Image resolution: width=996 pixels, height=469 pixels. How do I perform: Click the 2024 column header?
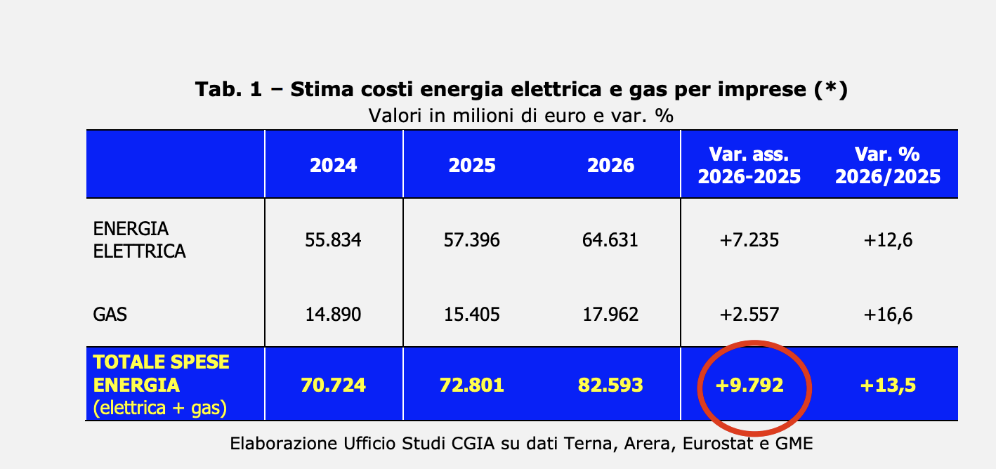334,165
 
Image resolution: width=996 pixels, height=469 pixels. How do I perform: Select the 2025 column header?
472,165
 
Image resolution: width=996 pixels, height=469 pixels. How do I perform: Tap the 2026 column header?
610,165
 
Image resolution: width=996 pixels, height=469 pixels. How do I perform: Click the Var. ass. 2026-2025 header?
749,165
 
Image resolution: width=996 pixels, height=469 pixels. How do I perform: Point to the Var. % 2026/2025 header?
887,165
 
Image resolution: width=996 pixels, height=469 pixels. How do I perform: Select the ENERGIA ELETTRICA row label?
139,240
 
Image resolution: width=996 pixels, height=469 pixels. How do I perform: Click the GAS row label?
110,314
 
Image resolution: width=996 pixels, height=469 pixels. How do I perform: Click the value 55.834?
333,240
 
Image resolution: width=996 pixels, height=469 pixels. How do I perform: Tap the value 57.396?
472,240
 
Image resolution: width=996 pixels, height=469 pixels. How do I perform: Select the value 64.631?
610,240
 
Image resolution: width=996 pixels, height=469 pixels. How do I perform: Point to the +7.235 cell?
749,240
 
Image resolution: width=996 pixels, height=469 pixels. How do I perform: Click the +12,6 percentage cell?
888,240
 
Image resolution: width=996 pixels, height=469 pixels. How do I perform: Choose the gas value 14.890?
333,314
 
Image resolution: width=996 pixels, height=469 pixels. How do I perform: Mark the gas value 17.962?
610,314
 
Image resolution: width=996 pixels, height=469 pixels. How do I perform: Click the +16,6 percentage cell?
888,314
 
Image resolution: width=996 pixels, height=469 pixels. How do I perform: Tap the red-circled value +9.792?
749,385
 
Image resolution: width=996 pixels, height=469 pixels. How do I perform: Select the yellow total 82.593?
610,385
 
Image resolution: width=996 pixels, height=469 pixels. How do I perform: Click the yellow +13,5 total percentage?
888,385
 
